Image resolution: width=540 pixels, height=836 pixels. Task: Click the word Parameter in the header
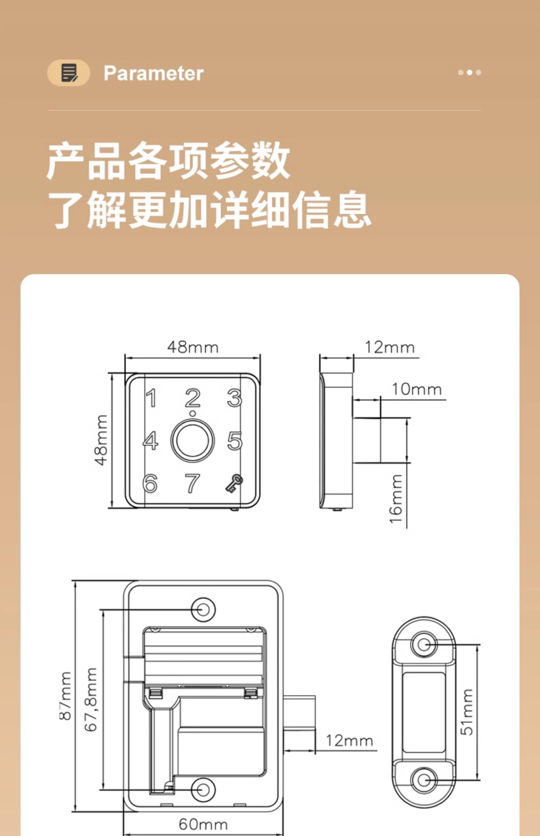tap(153, 73)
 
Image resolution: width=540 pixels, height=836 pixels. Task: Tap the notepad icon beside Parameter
tap(69, 73)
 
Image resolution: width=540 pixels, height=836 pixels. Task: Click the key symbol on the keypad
tap(234, 484)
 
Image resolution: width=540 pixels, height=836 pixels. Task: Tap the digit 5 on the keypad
tap(235, 441)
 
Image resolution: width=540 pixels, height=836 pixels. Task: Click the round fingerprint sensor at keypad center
tap(192, 440)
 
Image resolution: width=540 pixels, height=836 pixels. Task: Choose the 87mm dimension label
tap(66, 696)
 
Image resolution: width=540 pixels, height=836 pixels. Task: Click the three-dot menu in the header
tap(469, 72)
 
